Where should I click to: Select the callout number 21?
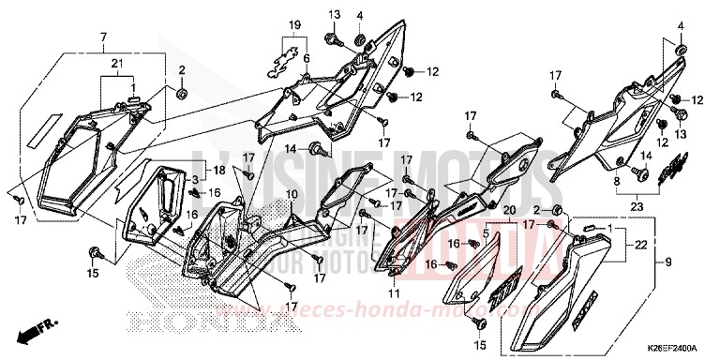coord(117,62)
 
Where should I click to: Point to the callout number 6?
coord(306,57)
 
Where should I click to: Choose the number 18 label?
coord(218,171)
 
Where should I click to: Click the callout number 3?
coord(194,178)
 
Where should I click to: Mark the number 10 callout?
coord(292,194)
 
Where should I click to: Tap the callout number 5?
coord(487,232)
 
